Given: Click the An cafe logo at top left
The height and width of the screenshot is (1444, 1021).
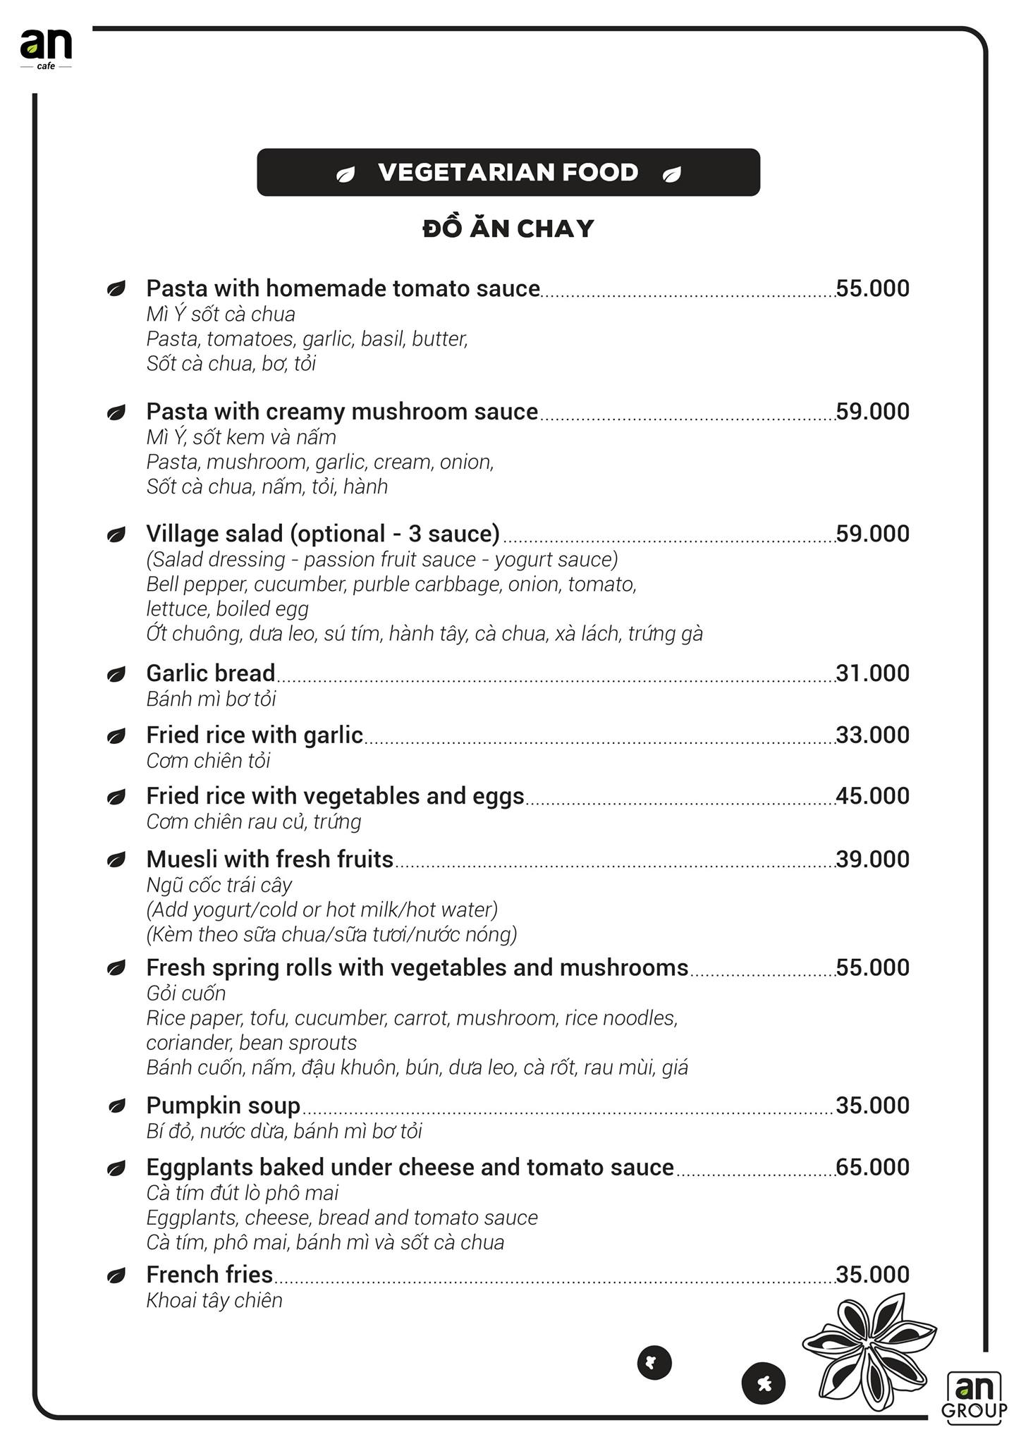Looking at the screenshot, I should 46,48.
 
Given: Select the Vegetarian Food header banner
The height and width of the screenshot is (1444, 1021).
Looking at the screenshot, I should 508,172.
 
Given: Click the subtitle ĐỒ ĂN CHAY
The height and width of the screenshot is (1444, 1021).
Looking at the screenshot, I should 508,228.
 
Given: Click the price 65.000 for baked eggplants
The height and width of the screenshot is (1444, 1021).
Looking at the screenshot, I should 872,1167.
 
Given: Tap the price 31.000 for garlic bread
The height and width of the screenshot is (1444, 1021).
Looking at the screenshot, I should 872,673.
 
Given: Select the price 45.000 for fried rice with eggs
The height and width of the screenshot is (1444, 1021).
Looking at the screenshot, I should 872,796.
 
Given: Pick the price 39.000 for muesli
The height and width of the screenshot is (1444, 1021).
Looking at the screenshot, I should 872,859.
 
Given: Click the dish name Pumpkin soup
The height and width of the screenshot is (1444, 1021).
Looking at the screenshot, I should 223,1106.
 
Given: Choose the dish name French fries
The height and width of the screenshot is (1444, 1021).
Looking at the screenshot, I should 209,1275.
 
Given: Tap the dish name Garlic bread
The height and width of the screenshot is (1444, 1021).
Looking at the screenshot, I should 210,673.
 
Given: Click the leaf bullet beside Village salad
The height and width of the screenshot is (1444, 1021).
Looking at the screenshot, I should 116,534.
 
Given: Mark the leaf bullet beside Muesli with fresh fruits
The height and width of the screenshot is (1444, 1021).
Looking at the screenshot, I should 116,859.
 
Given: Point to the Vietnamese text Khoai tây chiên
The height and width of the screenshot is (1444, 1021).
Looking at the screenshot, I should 214,1300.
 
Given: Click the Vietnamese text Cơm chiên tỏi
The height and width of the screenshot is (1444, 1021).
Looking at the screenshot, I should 208,761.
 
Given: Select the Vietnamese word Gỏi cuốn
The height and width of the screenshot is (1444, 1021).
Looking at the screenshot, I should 186,993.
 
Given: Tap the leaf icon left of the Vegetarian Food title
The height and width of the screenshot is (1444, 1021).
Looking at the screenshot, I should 346,174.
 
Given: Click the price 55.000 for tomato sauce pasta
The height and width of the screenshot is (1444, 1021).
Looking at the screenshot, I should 872,288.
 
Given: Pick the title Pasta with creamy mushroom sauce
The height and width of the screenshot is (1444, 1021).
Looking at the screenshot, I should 342,411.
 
